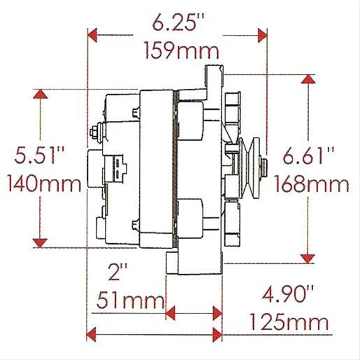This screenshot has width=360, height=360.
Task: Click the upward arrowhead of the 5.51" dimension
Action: [41, 95]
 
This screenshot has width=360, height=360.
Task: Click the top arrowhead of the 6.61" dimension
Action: [308, 80]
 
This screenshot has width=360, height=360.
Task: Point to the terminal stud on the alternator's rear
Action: [94, 131]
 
